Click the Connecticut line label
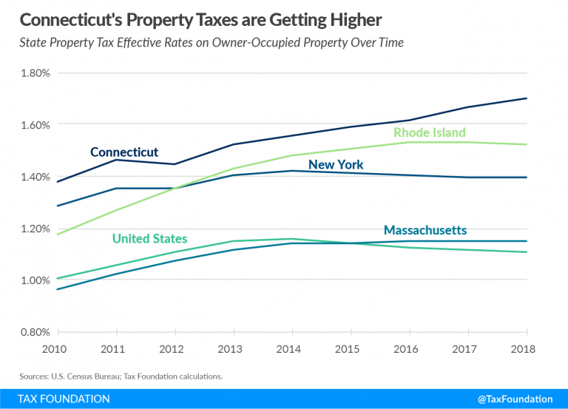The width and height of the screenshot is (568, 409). coord(124,152)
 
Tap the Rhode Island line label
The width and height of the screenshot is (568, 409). coord(429,133)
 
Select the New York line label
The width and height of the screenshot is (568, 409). coord(336,165)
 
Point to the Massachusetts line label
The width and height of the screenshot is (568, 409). coord(425,230)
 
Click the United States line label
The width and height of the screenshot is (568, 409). coord(149,238)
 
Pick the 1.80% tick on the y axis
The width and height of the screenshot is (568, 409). coord(34,73)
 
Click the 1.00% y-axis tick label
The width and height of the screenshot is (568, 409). coord(34,280)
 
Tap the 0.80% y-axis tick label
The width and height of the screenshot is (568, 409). coord(34,332)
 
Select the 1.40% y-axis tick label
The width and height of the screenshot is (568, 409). coord(34,177)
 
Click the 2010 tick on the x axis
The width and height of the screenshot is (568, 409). coord(57,348)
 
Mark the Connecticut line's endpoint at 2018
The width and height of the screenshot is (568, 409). coord(526,98)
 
